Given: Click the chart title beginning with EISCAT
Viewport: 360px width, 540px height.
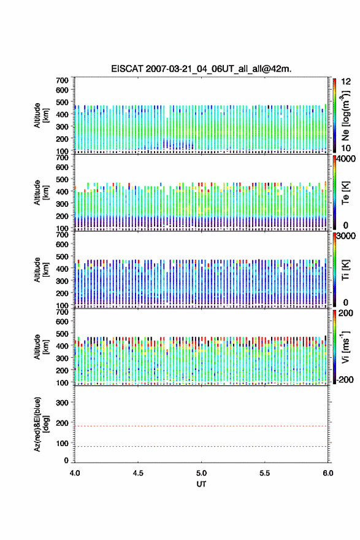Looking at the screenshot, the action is [x=201, y=69].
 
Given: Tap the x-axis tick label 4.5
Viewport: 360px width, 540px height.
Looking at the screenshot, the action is [x=138, y=473].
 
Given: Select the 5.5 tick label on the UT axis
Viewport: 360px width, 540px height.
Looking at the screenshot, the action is [x=265, y=473].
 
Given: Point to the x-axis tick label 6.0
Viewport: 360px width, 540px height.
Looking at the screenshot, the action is [x=328, y=473].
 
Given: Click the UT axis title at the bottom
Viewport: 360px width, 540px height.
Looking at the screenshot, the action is [x=201, y=484].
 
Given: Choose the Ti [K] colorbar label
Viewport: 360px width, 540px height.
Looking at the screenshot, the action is [x=345, y=270].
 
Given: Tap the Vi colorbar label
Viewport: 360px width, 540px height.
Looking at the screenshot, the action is [x=345, y=347].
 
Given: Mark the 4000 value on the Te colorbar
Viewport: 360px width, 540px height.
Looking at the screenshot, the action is [x=346, y=159].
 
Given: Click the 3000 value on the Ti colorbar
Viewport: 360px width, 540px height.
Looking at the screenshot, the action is [x=346, y=236].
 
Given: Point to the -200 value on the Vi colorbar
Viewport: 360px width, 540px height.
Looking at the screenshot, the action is [x=345, y=380].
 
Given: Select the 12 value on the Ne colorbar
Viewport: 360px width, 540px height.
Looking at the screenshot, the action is [x=346, y=82].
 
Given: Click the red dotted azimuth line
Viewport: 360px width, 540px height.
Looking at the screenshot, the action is [x=201, y=426].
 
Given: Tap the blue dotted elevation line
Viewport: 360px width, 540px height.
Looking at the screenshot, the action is [x=201, y=446].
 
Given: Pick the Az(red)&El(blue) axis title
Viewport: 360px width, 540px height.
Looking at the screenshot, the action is [x=41, y=424].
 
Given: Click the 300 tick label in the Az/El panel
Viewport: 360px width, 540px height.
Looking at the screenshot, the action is [x=62, y=403].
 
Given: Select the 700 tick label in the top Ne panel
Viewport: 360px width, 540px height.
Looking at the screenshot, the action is [x=62, y=80].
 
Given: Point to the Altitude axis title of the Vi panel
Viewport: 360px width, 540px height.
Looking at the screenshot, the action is [x=41, y=347].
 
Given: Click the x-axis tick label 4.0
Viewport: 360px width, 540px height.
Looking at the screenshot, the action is [x=75, y=473].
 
